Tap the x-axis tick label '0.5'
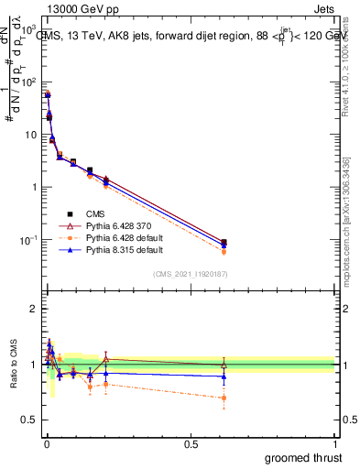tap(190, 442)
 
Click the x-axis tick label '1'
tap(334, 442)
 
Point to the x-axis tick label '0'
tap(46, 442)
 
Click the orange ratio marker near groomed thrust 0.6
tap(224, 398)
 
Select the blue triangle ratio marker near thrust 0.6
tap(224, 376)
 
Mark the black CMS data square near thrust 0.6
tap(224, 242)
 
